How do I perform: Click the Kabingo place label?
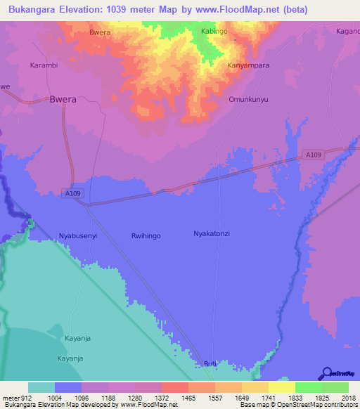214,32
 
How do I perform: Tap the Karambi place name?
43,65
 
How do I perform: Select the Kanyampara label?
248,65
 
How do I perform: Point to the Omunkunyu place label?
249,99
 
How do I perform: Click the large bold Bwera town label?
63,99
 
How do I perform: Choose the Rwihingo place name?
146,235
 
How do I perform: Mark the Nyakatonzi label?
212,233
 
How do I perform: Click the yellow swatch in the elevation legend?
281,387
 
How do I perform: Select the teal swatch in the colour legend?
41,387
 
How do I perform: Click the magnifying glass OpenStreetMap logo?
326,374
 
